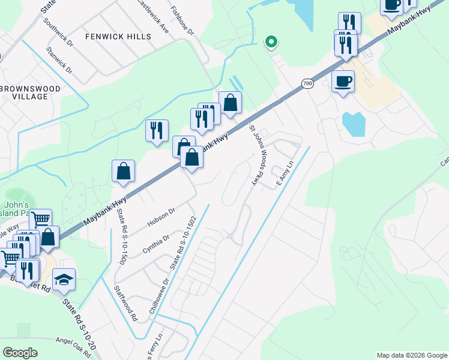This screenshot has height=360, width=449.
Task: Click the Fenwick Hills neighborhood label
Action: tap(118, 37)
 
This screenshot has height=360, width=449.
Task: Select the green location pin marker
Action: tap(271, 41)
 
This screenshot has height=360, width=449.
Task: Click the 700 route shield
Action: tap(307, 83)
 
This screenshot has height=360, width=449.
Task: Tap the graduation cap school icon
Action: tap(64, 280)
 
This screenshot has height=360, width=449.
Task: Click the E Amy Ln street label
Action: tap(285, 173)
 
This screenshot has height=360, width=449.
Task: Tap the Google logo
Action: tap(20, 353)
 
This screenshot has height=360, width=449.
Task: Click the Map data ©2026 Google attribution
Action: tap(411, 355)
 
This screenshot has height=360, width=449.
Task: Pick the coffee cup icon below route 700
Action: tap(343, 81)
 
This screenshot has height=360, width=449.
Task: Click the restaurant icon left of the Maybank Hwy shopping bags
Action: tap(157, 130)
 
